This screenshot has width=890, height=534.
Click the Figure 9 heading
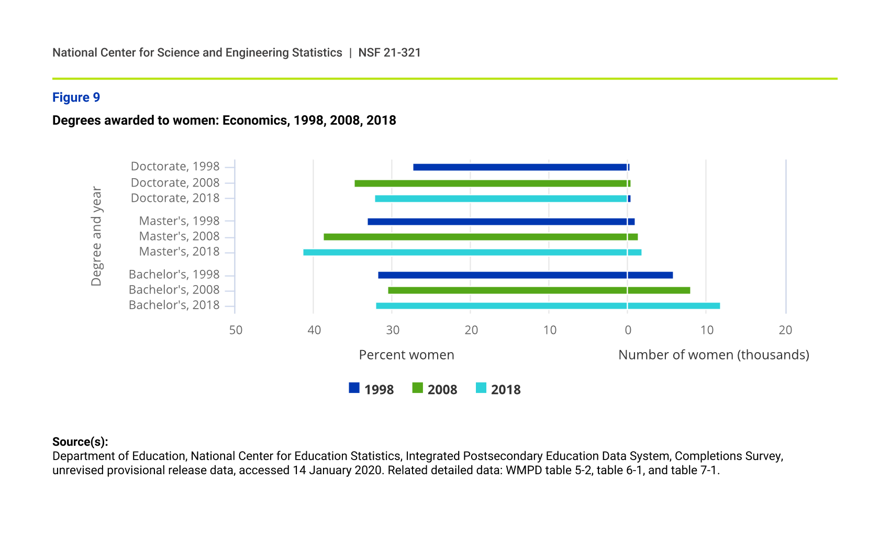click(76, 97)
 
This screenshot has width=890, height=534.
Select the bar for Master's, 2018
click(471, 253)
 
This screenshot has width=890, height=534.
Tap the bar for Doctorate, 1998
click(520, 167)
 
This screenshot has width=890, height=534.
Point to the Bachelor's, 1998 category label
click(174, 275)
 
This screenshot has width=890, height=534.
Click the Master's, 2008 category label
click(179, 236)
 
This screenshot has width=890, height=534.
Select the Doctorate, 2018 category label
click(175, 198)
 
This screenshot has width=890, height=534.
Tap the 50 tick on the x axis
click(236, 330)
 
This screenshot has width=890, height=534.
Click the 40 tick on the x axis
click(314, 330)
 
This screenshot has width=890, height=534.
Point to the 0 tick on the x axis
click(628, 330)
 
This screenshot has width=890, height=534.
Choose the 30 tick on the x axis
click(393, 330)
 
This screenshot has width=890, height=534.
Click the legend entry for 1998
click(372, 389)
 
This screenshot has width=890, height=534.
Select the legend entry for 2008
click(435, 389)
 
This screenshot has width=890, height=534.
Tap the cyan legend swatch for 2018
click(481, 388)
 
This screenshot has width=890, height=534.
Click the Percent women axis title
click(406, 355)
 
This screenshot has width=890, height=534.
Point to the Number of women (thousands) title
click(714, 355)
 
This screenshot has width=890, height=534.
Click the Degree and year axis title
click(96, 236)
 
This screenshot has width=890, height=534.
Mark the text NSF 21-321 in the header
click(390, 53)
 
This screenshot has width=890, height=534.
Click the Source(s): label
click(80, 442)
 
